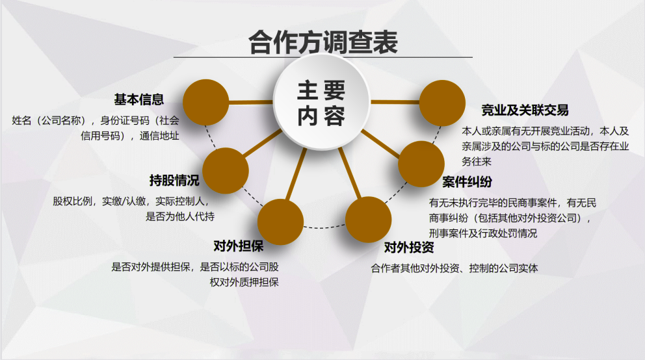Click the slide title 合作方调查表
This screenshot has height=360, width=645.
click(x=323, y=42)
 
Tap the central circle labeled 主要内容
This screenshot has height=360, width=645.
click(x=322, y=102)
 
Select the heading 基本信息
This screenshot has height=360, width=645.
click(x=139, y=99)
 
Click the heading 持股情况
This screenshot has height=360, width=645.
click(x=174, y=180)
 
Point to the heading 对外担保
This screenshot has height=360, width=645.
click(x=238, y=246)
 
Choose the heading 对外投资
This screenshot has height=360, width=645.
click(x=409, y=248)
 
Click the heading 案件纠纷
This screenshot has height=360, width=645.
click(x=467, y=182)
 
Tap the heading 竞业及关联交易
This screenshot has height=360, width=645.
click(x=525, y=110)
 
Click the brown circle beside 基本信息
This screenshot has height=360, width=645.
click(x=205, y=102)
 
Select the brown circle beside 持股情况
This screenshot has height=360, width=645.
click(x=226, y=170)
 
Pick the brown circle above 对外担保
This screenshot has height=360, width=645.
click(x=280, y=222)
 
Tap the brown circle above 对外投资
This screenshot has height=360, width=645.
click(x=368, y=220)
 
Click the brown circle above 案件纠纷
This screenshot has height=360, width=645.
click(x=421, y=164)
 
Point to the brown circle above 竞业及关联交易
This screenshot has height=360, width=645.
click(x=442, y=103)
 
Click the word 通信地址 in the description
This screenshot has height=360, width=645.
click(x=159, y=136)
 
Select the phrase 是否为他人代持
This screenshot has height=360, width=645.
click(x=180, y=216)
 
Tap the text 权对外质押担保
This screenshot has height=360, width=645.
click(x=244, y=282)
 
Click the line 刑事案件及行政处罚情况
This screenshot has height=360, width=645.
click(x=483, y=233)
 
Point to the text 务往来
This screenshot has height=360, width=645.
click(x=477, y=162)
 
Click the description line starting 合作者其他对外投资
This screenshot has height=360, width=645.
click(x=454, y=268)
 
